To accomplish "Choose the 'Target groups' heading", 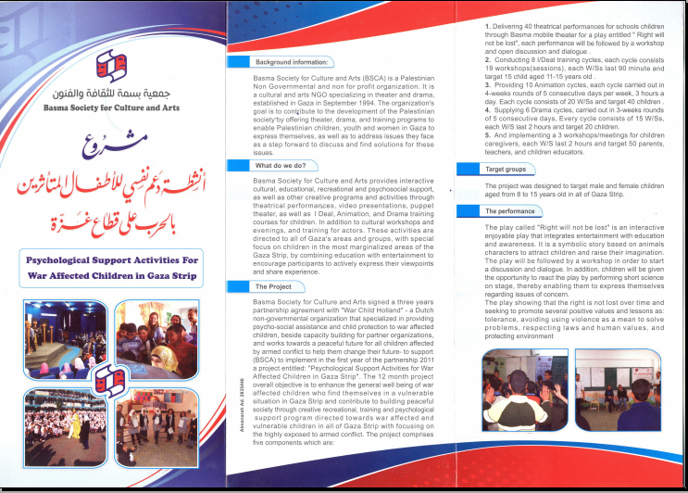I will [x=506, y=171].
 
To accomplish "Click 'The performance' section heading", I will [x=510, y=211].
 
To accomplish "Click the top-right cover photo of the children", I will [x=157, y=337].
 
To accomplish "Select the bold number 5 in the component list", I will [x=487, y=135].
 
